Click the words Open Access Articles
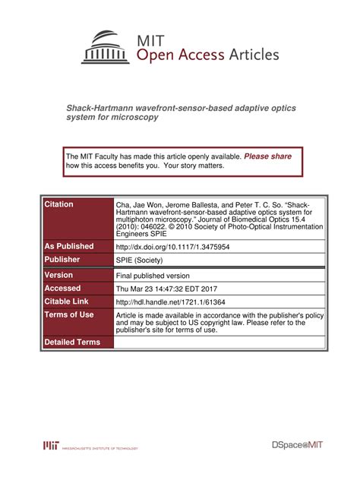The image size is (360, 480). [207, 55]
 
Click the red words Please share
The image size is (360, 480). [267, 156]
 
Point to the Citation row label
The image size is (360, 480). [59, 205]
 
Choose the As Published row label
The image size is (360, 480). [69, 246]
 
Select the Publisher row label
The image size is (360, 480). [62, 260]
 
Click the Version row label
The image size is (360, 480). [58, 275]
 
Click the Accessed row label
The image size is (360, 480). [62, 289]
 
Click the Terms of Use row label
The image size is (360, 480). [69, 314]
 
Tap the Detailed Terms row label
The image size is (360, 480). [72, 342]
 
